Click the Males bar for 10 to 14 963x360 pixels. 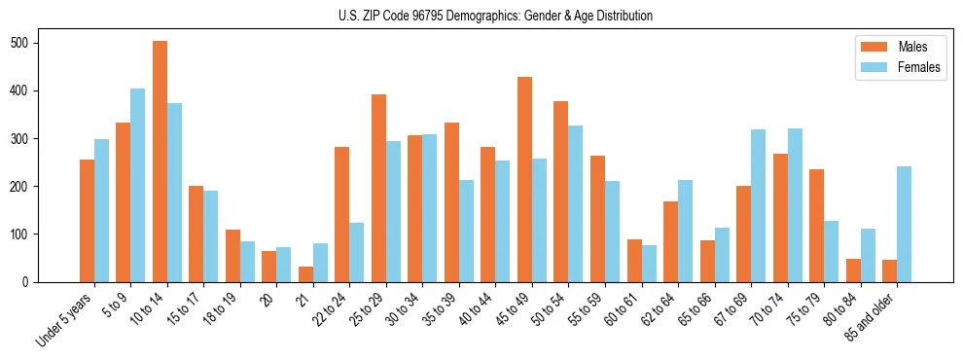(x=160, y=162)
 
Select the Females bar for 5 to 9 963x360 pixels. (x=138, y=185)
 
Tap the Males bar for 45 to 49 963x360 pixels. (x=524, y=179)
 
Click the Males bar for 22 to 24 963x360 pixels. (x=342, y=214)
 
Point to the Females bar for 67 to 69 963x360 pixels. (x=758, y=205)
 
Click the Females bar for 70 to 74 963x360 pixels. (x=795, y=204)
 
